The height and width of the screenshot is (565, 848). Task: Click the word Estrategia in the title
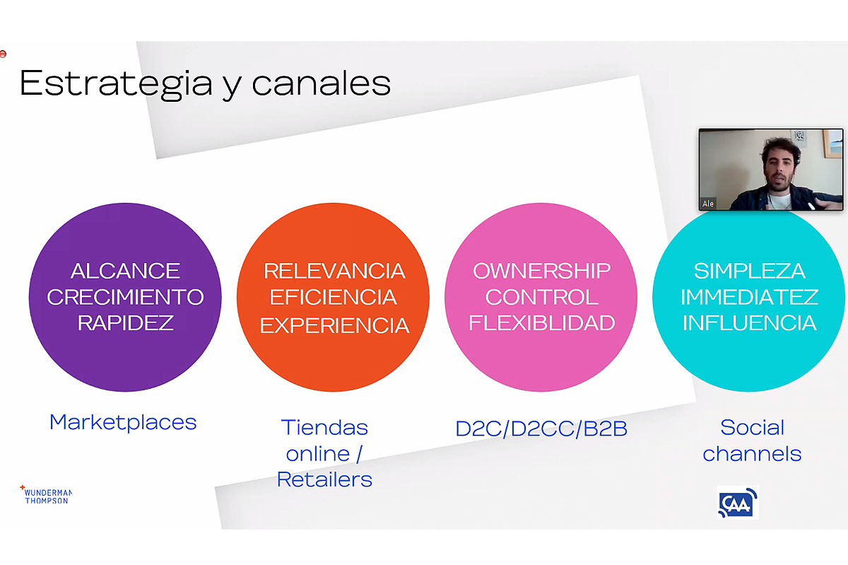coord(116,84)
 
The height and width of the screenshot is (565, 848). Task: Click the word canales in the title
coord(321,83)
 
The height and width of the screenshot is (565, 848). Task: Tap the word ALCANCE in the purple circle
coord(125,271)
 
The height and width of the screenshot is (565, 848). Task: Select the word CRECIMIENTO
coord(125,297)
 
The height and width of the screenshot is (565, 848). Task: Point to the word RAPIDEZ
coord(125,322)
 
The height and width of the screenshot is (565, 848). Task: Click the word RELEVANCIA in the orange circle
coord(334,271)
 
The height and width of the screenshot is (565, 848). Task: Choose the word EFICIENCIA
coord(333,297)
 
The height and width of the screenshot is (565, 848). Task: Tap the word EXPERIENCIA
coord(334,325)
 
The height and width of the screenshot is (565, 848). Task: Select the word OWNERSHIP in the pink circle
coord(541,271)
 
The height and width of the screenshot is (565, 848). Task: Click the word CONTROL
coord(542,297)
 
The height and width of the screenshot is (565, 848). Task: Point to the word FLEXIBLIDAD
coord(542,322)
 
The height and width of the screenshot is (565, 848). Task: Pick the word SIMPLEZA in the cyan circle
coord(749,271)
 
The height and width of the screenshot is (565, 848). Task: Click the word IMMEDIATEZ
coord(749,297)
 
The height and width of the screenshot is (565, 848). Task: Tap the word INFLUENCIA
coord(749,322)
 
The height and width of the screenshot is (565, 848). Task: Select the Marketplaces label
coord(123,422)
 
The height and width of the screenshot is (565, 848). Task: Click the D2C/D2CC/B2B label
coord(541,429)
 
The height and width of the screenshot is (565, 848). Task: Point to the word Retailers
coord(324,479)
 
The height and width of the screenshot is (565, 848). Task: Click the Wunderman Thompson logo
coord(46,495)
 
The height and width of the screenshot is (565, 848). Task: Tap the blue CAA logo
coord(738,503)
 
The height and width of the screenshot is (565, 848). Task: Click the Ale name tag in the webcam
coord(708,204)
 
